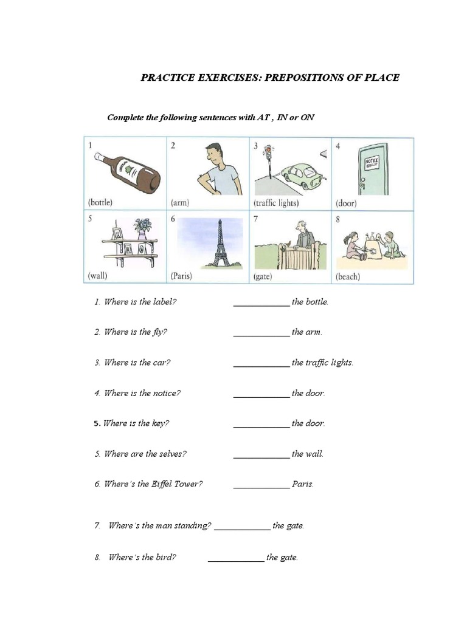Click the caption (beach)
tap(348, 277)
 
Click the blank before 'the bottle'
tap(261, 303)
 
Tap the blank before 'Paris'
tap(261, 485)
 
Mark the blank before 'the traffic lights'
tap(261, 364)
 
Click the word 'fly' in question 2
tap(158, 332)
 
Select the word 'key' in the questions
tap(160, 423)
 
